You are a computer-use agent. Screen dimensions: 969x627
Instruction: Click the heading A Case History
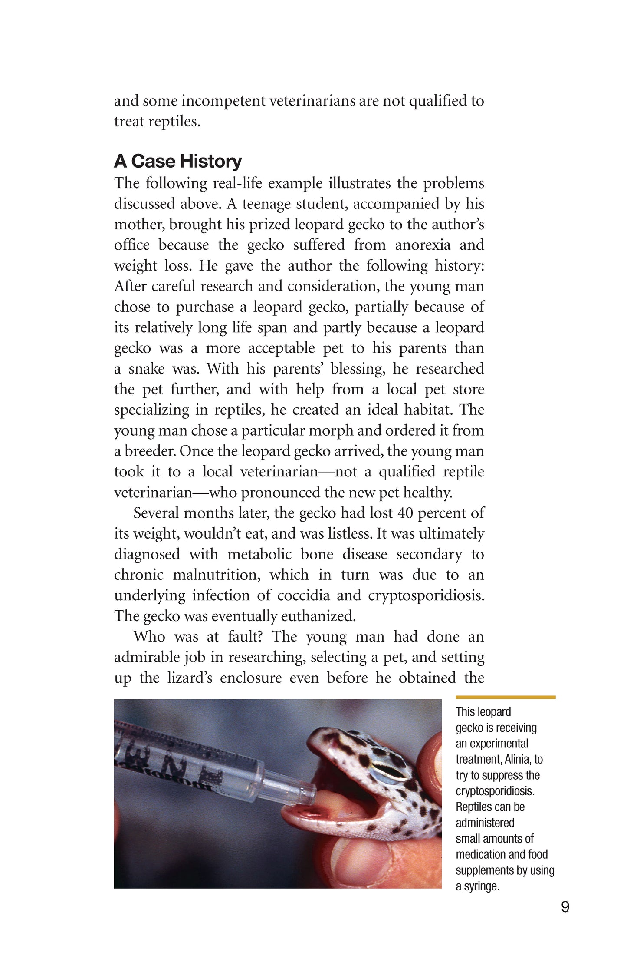coord(177,161)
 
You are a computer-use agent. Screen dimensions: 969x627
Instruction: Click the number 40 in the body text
coord(405,513)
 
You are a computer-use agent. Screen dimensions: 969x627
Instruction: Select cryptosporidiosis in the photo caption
coord(495,791)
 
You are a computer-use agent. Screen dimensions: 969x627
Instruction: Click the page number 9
coord(565,907)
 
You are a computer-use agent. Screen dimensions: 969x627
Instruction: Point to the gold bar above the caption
coord(506,697)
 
